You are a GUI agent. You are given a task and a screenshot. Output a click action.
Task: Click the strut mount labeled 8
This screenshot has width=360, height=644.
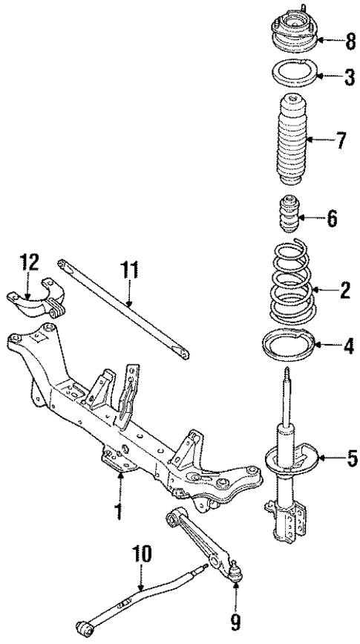pyautogui.click(x=289, y=37)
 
